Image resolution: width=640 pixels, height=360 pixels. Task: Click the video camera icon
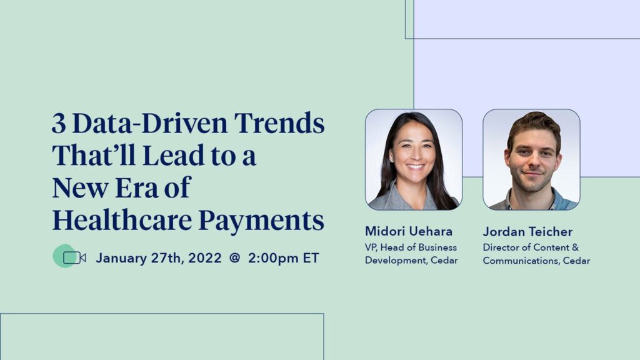[74, 257]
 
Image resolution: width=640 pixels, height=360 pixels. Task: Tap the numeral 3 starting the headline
[59, 124]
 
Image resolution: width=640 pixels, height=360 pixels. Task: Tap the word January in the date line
[122, 258]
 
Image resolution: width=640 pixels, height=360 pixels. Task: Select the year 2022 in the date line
[202, 258]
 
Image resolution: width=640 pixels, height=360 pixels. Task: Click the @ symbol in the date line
[234, 258]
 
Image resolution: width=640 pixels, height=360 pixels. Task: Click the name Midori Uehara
[409, 232]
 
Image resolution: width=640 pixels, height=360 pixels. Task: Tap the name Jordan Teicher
[527, 232]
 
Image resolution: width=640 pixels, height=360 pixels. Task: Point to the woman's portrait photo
[414, 159]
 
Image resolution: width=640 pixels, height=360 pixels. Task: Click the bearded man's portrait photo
[531, 159]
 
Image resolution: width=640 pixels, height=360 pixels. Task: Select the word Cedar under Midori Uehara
[444, 260]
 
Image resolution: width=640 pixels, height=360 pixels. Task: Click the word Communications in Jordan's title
[515, 260]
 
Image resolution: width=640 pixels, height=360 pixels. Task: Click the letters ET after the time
[311, 258]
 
